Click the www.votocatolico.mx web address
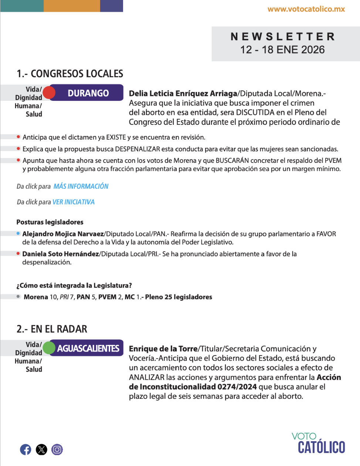pyautogui.click(x=306, y=9)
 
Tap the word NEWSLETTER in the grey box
pyautogui.click(x=283, y=37)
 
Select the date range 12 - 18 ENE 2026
pyautogui.click(x=282, y=50)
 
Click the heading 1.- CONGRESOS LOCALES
pyautogui.click(x=70, y=74)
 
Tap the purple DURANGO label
pyautogui.click(x=88, y=93)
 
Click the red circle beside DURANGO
pyautogui.click(x=49, y=93)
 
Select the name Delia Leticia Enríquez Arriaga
pyautogui.click(x=183, y=93)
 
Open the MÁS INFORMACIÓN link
pyautogui.click(x=81, y=186)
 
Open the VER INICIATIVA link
pyautogui.click(x=74, y=202)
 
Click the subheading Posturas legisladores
pyautogui.click(x=50, y=222)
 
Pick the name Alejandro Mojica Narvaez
pyautogui.click(x=63, y=234)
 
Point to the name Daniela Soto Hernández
pyautogui.click(x=61, y=254)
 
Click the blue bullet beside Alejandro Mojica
pyautogui.click(x=18, y=233)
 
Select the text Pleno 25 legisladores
pyautogui.click(x=179, y=297)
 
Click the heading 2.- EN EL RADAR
pyautogui.click(x=52, y=329)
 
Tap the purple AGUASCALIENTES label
pyautogui.click(x=88, y=348)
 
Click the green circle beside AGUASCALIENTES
pyautogui.click(x=49, y=348)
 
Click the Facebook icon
pyautogui.click(x=26, y=449)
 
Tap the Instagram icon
pyautogui.click(x=57, y=449)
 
